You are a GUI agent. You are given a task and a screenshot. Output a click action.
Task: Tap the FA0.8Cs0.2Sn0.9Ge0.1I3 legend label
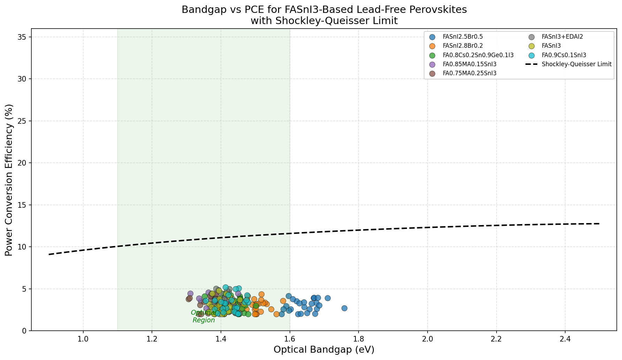[x=478, y=55]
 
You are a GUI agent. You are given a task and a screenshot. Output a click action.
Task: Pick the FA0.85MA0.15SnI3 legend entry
[x=469, y=64]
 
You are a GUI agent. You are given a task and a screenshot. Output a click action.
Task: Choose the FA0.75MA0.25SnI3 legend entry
[x=469, y=73]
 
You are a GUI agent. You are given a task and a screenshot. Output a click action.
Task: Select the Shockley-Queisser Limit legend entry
[x=576, y=64]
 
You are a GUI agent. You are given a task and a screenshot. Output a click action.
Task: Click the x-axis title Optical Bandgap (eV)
[x=324, y=350]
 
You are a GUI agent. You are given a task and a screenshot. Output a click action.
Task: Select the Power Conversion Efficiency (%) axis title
[x=9, y=180]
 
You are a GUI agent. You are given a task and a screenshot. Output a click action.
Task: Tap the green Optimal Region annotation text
[x=204, y=316]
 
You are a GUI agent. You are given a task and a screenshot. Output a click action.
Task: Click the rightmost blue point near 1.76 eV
[x=344, y=308]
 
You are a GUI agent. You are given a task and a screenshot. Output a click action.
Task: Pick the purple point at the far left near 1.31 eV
[x=190, y=294]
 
